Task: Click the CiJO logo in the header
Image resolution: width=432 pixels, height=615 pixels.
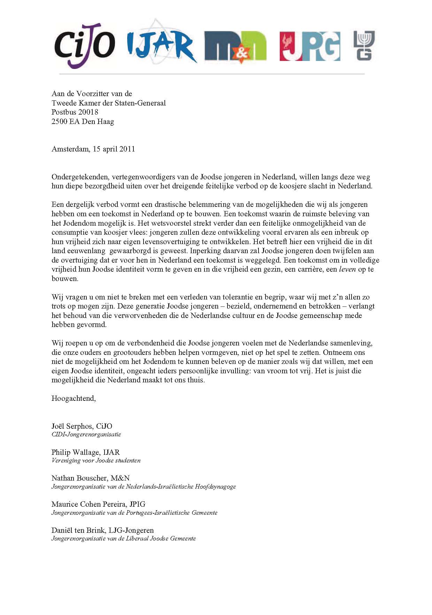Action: pos(85,45)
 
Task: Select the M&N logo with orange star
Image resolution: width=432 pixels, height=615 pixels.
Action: pos(235,46)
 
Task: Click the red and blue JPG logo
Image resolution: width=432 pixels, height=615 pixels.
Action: pos(310,46)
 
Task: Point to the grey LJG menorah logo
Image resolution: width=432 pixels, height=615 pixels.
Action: pos(364,45)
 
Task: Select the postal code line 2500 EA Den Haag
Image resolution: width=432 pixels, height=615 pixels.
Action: pos(83,122)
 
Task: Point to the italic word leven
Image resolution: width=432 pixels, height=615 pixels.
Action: pos(347,269)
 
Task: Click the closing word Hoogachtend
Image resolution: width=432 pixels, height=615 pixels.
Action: pos(74,398)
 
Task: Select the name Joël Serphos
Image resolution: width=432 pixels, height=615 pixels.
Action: pos(72,426)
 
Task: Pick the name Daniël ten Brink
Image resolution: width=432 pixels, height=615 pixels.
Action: pos(78,530)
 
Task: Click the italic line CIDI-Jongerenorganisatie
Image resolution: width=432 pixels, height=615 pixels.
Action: pos(86,434)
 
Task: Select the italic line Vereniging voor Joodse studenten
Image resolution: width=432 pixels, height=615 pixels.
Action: pos(96,460)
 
